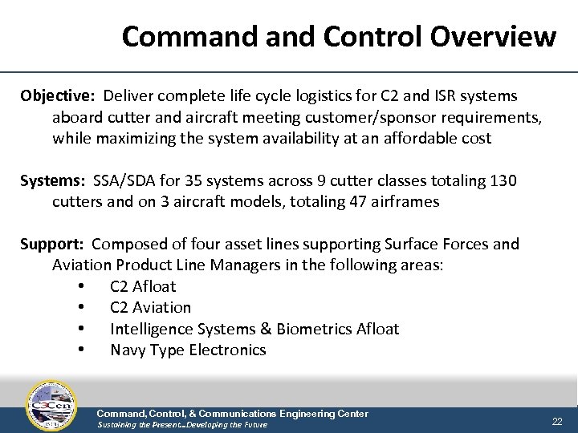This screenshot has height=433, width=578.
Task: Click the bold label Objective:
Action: [x=57, y=96]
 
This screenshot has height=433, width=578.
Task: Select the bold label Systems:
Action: [x=53, y=180]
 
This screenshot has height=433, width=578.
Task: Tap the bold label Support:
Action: [x=53, y=244]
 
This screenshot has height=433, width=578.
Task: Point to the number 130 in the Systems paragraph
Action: [x=503, y=180]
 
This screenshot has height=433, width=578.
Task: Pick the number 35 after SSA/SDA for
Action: [x=204, y=180]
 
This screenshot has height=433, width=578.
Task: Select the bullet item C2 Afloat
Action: [x=143, y=286]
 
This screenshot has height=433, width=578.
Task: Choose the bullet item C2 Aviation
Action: [x=150, y=307]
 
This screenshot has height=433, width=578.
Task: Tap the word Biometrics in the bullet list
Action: [x=320, y=329]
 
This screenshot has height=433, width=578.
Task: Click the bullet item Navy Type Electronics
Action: [x=188, y=350]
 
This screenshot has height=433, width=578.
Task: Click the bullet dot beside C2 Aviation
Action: [x=82, y=308]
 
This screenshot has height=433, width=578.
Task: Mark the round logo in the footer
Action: [x=51, y=406]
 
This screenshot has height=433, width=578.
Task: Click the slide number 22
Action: [x=557, y=422]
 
